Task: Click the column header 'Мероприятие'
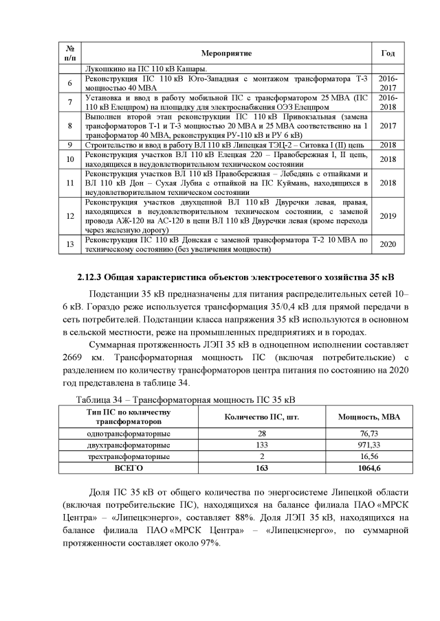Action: (227, 53)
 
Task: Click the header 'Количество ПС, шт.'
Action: (262, 417)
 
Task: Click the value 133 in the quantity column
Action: (262, 445)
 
